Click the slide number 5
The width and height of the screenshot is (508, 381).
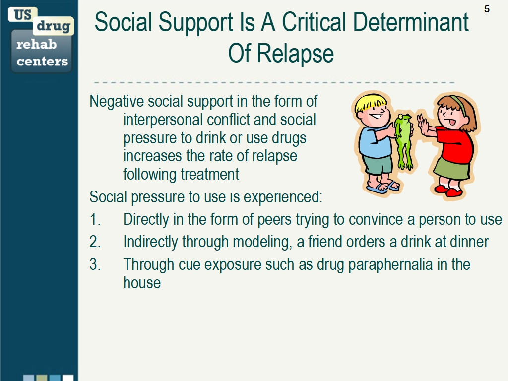click(487, 9)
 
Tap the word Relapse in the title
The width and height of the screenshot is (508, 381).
click(295, 54)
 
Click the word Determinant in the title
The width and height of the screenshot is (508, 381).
click(410, 22)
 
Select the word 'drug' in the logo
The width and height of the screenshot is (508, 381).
click(54, 26)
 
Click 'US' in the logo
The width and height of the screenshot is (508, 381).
click(23, 14)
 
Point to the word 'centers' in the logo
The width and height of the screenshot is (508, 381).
click(42, 61)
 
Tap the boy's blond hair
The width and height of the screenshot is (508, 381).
click(369, 102)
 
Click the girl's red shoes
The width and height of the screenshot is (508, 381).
click(448, 190)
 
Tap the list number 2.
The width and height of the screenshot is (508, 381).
click(95, 242)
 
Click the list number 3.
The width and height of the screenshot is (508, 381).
click(95, 264)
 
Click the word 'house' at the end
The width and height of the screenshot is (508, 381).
click(142, 282)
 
